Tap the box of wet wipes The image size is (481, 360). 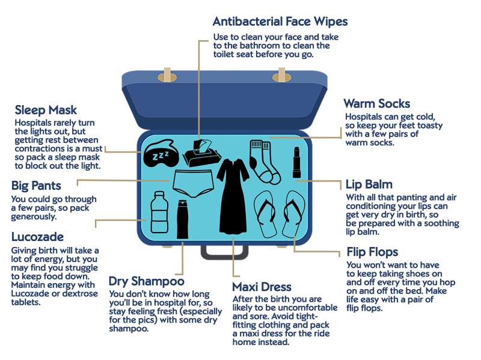198,157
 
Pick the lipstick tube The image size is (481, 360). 296,163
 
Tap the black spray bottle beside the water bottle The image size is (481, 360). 182,219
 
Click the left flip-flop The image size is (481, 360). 265,214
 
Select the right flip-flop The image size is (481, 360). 294,214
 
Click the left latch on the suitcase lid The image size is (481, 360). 167,76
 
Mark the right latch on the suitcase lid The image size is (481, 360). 281,76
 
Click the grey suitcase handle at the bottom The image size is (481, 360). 224,252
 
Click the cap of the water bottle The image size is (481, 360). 159,195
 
